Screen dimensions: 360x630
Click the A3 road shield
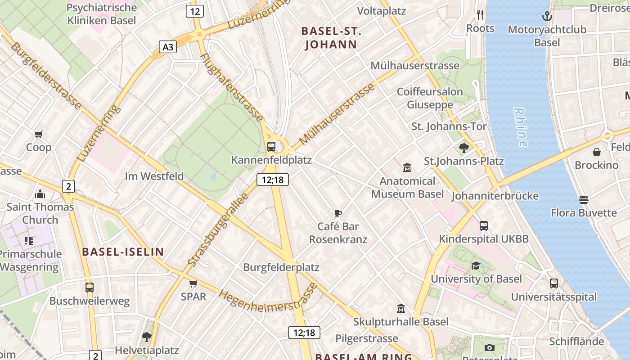pos(167,47)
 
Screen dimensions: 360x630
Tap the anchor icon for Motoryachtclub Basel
pos(547,17)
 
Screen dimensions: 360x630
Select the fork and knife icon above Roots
pos(480,15)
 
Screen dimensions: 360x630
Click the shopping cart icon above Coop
pos(39,134)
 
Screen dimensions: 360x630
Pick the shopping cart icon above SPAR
pos(193,283)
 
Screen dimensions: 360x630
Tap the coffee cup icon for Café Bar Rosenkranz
pos(338,213)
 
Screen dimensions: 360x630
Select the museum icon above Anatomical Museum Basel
pos(407,168)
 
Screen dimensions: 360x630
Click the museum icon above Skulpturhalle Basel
pos(400,309)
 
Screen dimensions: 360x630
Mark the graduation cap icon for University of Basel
pos(476,265)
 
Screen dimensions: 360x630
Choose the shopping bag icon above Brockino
pos(596,152)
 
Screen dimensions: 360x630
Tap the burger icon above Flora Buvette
pos(584,199)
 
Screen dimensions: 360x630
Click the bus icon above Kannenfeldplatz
pos(271,146)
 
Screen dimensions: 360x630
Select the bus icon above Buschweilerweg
pos(90,287)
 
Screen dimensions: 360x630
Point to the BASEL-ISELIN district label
pos(123,252)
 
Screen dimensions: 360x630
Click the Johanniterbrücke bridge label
pos(495,196)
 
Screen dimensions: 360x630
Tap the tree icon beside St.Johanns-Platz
pos(464,148)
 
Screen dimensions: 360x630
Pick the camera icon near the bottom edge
pos(490,347)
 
